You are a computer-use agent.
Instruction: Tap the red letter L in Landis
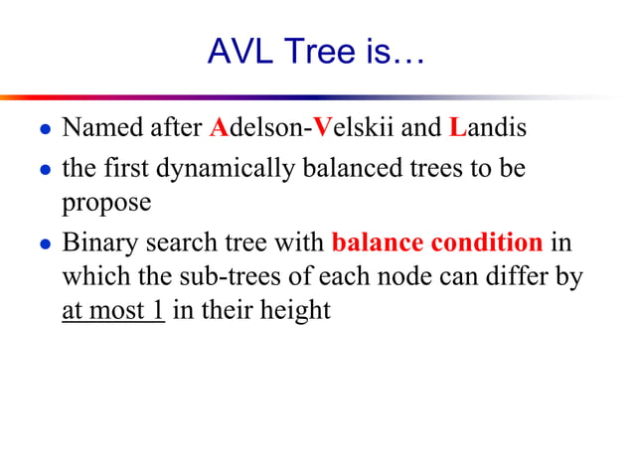pos(457,128)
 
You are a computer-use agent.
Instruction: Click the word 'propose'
pos(106,204)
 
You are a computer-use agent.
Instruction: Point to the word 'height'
pos(296,310)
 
